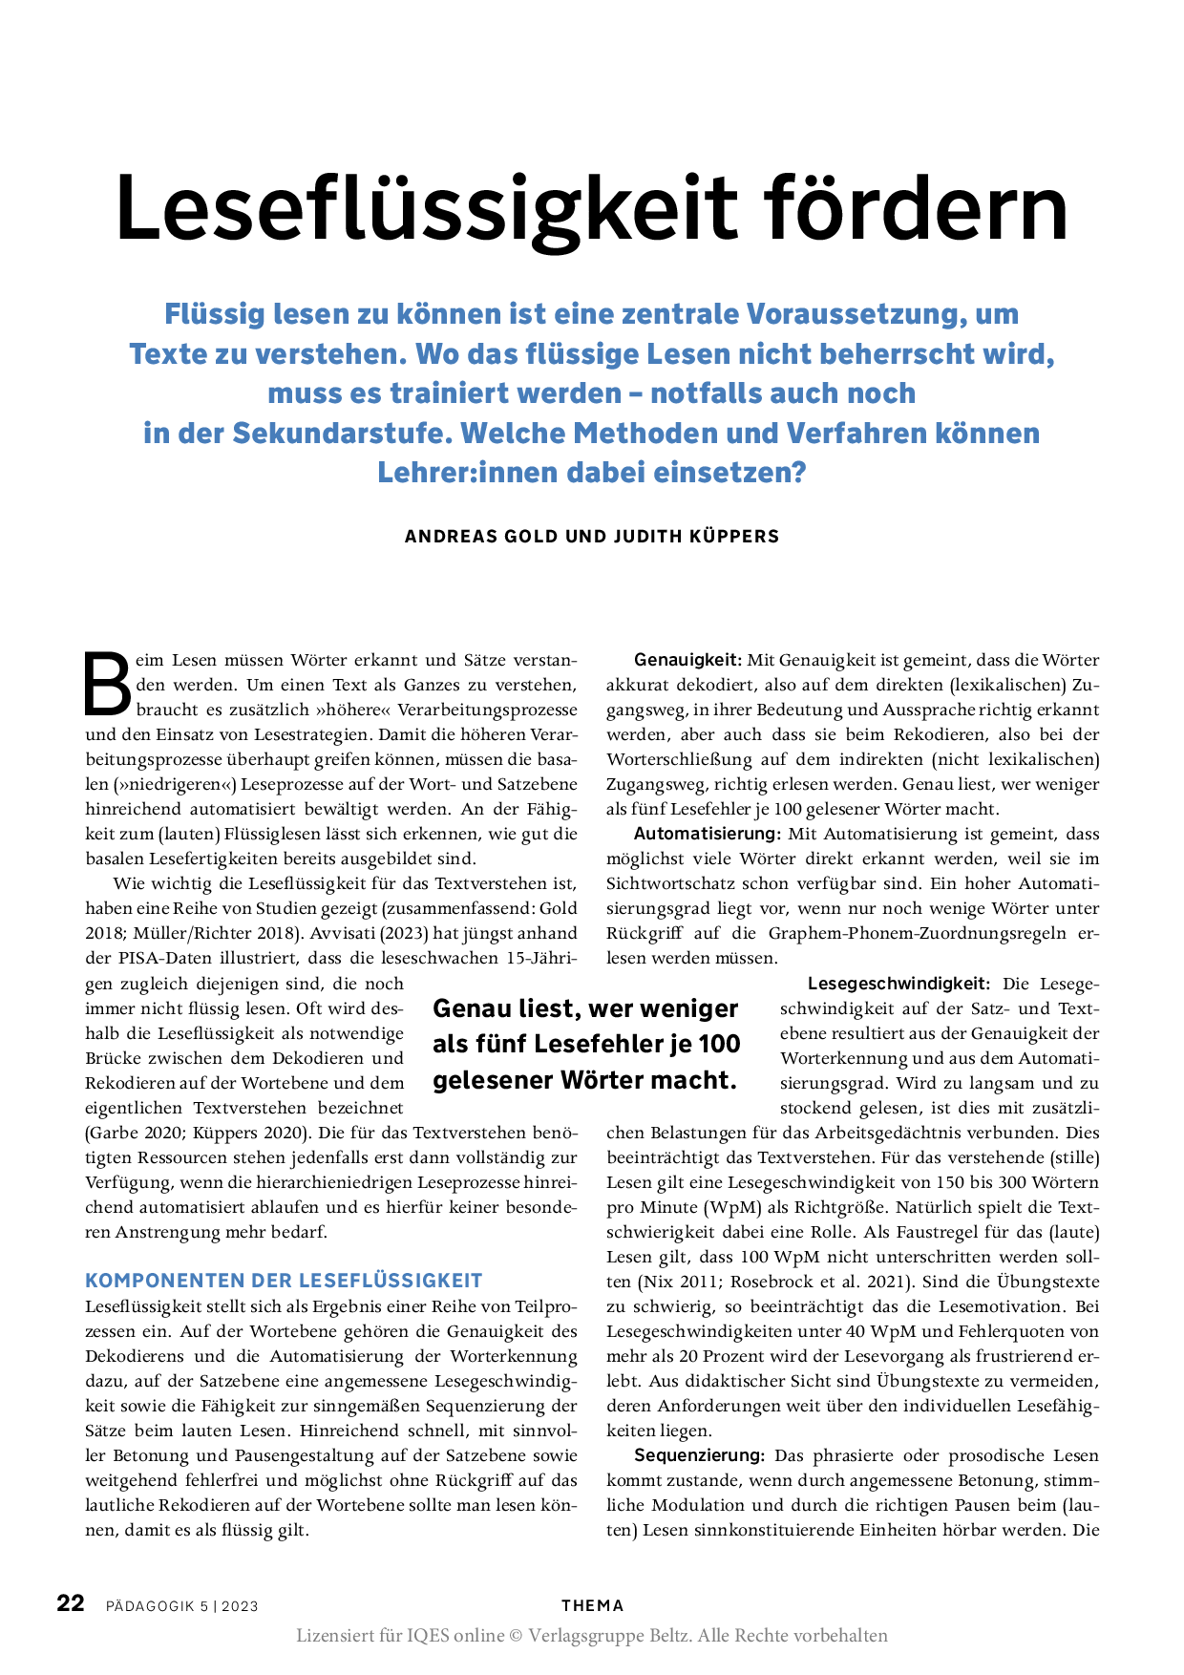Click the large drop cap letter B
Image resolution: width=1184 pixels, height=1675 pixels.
[x=106, y=684]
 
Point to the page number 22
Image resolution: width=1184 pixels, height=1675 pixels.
[x=71, y=1603]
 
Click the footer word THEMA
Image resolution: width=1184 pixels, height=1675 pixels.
[x=592, y=1605]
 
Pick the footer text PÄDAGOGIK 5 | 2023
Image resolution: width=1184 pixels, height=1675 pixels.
[x=182, y=1606]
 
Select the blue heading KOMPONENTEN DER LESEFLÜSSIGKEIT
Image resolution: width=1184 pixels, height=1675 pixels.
[x=284, y=1281]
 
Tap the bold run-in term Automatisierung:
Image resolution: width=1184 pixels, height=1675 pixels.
[x=708, y=834]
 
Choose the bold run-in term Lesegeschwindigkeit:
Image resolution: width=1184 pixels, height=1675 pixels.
[x=899, y=984]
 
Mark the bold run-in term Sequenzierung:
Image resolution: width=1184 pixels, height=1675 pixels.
[x=699, y=1455]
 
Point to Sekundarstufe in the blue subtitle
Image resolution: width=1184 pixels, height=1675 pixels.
[x=340, y=434]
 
